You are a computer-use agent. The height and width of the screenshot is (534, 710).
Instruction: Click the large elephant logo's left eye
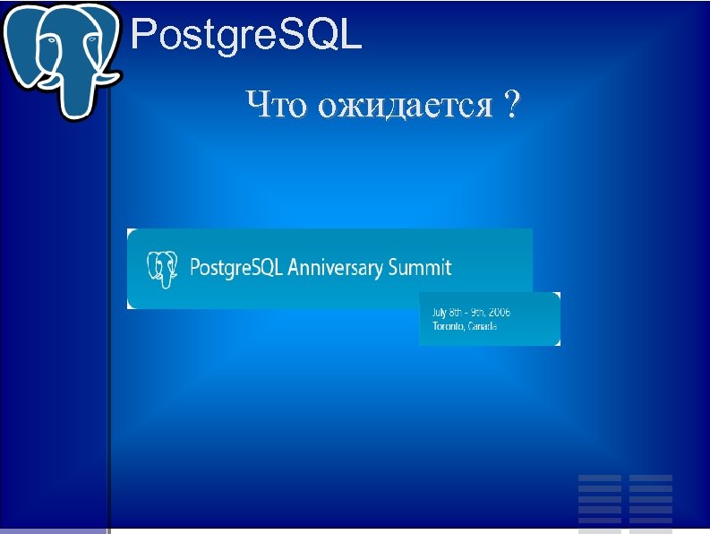(51, 40)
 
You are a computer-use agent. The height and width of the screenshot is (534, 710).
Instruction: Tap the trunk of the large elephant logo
(76, 90)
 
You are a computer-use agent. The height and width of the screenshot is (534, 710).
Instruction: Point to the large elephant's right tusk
(108, 77)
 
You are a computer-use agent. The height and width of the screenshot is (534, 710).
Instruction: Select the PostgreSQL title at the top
(246, 36)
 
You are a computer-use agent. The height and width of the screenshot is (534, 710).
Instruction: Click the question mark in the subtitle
(511, 106)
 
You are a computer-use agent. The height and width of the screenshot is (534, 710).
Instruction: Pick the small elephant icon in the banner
(161, 268)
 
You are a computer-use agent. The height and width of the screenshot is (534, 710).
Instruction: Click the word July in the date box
(441, 313)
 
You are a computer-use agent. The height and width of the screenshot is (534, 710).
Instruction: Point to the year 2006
(500, 313)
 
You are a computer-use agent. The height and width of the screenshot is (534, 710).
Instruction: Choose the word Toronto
(449, 326)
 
